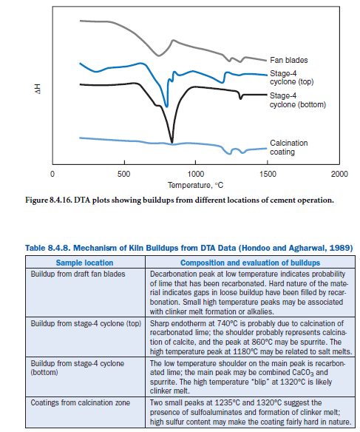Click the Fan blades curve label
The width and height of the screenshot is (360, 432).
tap(288, 60)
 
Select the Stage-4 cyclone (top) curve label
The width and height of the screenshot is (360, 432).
tap(291, 78)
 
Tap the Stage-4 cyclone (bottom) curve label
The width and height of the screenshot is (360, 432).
tap(297, 101)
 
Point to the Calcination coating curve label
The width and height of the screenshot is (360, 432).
tap(289, 147)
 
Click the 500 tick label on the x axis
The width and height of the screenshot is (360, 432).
tap(124, 174)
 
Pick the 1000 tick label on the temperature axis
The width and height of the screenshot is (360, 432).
tap(196, 174)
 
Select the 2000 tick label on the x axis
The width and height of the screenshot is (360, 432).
tap(339, 174)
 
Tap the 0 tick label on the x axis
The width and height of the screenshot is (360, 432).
tap(52, 174)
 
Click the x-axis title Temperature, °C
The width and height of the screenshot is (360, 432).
tap(195, 185)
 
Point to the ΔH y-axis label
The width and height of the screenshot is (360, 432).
tap(38, 89)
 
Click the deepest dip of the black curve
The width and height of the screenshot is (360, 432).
tap(172, 143)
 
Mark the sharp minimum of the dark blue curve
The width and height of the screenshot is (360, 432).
tap(166, 106)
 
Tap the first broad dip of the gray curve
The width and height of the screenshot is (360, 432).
tap(158, 55)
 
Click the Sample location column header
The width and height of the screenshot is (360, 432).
tap(84, 263)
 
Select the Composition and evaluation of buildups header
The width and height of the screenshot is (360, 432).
tap(250, 263)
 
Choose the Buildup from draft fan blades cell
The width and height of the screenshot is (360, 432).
tap(78, 274)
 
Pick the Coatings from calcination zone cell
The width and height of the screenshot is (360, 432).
tap(80, 403)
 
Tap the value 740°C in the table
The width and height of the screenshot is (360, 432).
tap(228, 323)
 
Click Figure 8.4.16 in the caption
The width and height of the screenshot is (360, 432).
tap(49, 200)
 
